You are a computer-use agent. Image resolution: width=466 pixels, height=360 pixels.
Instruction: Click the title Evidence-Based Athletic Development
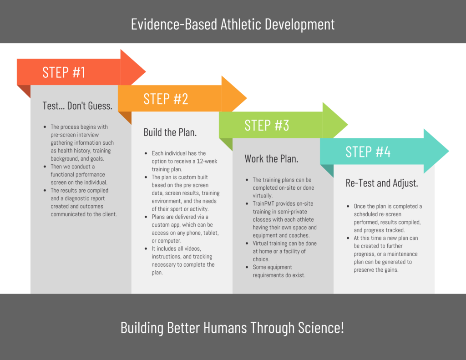pyautogui.click(x=233, y=25)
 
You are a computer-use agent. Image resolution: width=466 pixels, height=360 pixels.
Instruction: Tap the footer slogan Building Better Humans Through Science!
pyautogui.click(x=232, y=328)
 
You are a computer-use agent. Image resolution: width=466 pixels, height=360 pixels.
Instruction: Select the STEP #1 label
pyautogui.click(x=64, y=72)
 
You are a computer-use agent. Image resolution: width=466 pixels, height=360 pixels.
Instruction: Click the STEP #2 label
pyautogui.click(x=166, y=99)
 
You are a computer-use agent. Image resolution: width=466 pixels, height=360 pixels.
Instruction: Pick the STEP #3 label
pyautogui.click(x=267, y=125)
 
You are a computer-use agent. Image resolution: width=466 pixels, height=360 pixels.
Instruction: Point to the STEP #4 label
pyautogui.click(x=368, y=152)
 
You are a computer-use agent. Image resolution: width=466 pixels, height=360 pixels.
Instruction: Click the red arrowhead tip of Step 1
pyautogui.click(x=146, y=71)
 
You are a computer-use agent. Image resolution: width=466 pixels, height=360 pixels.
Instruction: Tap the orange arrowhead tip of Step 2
pyautogui.click(x=247, y=98)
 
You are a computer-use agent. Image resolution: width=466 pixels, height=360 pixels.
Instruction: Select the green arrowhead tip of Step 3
pyautogui.click(x=348, y=124)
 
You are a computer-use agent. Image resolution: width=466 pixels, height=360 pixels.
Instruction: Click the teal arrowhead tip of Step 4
pyautogui.click(x=449, y=151)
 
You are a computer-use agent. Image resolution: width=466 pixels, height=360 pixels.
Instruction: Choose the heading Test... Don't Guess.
pyautogui.click(x=77, y=106)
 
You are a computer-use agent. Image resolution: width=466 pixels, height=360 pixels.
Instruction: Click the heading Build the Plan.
pyautogui.click(x=170, y=132)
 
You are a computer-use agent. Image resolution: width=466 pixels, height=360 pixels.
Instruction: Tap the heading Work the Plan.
pyautogui.click(x=271, y=159)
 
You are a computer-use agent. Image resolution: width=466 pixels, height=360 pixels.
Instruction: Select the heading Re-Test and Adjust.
pyautogui.click(x=382, y=183)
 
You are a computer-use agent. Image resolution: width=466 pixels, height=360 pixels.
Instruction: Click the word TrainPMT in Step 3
pyautogui.click(x=263, y=203)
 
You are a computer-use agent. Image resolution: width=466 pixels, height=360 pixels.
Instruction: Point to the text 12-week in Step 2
pyautogui.click(x=207, y=161)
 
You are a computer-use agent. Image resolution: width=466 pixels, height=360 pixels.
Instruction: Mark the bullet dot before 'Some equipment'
pyautogui.click(x=247, y=267)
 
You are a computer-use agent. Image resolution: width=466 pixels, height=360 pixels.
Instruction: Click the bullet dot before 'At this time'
pyautogui.click(x=348, y=238)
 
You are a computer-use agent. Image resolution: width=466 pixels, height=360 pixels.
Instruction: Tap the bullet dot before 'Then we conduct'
pyautogui.click(x=45, y=167)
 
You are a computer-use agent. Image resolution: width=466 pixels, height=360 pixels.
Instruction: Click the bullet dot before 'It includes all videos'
pyautogui.click(x=146, y=248)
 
